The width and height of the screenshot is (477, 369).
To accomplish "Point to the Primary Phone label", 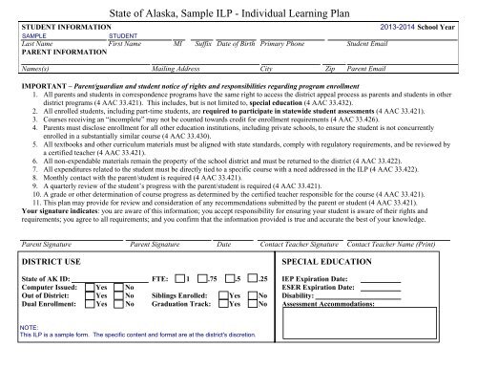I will click(x=285, y=44).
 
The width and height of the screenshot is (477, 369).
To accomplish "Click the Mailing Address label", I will click(x=176, y=70).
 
